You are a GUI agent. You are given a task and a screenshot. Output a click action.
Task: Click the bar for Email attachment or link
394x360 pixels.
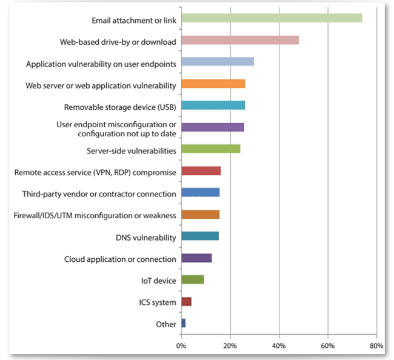pyautogui.click(x=272, y=18)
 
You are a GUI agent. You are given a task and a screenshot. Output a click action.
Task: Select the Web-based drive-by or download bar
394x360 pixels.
pyautogui.click(x=240, y=40)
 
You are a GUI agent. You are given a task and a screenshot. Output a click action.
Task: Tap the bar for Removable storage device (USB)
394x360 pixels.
pyautogui.click(x=213, y=105)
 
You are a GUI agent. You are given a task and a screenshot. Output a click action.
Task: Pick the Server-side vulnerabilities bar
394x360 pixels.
pyautogui.click(x=210, y=149)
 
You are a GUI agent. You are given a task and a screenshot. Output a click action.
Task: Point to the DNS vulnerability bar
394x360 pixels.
pyautogui.click(x=200, y=236)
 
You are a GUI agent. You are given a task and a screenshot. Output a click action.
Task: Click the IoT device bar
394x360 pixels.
pyautogui.click(x=193, y=280)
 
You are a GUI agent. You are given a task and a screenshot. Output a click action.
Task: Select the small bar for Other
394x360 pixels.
pyautogui.click(x=184, y=324)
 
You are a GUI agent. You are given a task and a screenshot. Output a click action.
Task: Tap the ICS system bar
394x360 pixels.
pyautogui.click(x=186, y=302)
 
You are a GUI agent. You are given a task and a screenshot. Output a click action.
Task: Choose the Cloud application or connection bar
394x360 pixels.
pyautogui.click(x=196, y=258)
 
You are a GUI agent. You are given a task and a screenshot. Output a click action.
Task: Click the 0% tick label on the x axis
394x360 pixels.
pyautogui.click(x=181, y=345)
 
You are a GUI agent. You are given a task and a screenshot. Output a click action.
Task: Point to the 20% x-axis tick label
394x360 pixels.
pyautogui.click(x=230, y=345)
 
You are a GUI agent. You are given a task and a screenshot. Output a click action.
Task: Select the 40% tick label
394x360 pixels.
pyautogui.click(x=279, y=345)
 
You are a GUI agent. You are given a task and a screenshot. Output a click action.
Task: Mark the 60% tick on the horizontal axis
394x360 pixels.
pyautogui.click(x=327, y=345)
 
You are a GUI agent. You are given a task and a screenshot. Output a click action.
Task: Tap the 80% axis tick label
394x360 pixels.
pyautogui.click(x=376, y=345)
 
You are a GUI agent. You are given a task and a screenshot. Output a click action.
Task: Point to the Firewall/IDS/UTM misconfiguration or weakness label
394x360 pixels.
pyautogui.click(x=95, y=215)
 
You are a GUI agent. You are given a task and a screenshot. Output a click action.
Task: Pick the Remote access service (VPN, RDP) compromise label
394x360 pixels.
pyautogui.click(x=95, y=172)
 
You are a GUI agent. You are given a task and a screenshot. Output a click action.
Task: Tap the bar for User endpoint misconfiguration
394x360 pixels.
pyautogui.click(x=212, y=127)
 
